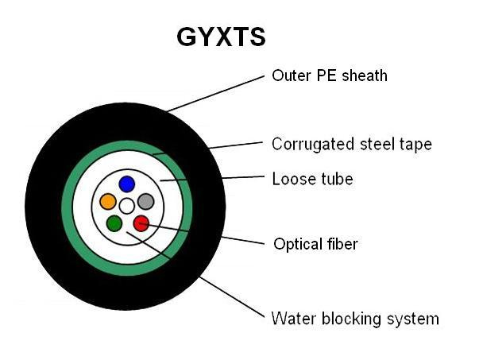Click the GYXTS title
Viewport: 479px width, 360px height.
point(221,37)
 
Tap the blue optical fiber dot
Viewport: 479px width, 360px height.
point(127,184)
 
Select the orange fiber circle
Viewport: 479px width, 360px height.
point(108,202)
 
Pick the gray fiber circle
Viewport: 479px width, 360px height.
point(145,202)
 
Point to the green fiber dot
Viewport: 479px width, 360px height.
point(114,223)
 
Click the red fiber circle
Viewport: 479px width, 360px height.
point(141,223)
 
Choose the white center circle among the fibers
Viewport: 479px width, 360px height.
point(127,206)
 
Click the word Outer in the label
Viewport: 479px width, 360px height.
point(292,75)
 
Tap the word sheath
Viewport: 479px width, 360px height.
point(365,75)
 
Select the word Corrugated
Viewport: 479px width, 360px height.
point(313,145)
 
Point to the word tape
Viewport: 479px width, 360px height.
point(415,145)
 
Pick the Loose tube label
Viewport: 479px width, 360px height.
point(312,179)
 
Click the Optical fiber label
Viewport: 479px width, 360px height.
point(315,244)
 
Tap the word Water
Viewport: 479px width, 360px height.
point(294,319)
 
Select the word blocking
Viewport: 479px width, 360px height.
point(351,319)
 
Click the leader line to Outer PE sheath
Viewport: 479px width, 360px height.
point(216,94)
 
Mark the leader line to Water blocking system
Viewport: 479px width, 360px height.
point(195,274)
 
